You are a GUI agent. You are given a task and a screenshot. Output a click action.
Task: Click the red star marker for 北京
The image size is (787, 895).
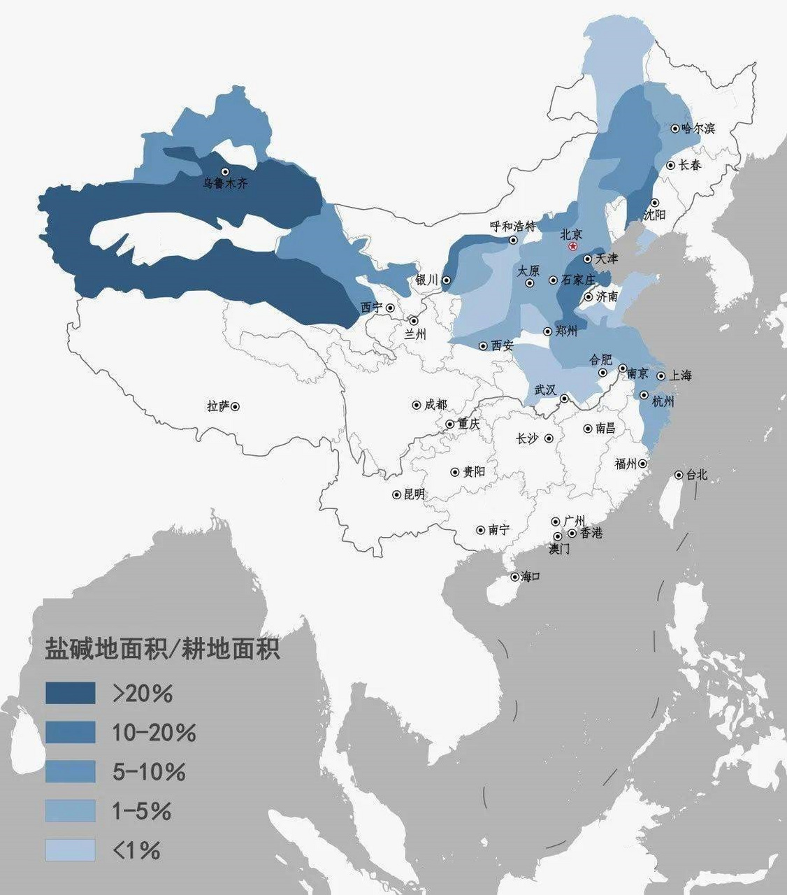(573, 247)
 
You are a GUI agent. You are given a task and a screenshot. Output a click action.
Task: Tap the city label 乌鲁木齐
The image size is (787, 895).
(225, 184)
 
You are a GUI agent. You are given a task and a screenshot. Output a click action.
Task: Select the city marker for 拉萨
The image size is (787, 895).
(236, 406)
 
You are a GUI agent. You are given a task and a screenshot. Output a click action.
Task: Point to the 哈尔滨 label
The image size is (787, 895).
(698, 129)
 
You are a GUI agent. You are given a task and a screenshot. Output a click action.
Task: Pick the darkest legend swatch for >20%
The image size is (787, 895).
(70, 693)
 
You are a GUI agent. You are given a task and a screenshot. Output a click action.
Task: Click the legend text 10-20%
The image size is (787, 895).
(154, 732)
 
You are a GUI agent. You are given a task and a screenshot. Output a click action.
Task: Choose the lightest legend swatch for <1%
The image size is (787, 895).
(70, 850)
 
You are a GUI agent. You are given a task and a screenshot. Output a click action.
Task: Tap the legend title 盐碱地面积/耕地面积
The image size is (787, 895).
(162, 649)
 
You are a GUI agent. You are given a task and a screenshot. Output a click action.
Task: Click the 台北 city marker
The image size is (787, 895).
(679, 475)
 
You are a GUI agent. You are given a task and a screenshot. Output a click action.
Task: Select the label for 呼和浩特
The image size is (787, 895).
(512, 227)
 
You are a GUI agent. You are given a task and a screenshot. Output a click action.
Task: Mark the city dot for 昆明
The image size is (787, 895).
(397, 494)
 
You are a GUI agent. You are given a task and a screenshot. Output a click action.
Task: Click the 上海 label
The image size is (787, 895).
(680, 375)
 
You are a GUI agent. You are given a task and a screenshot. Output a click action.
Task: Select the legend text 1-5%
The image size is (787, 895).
(142, 811)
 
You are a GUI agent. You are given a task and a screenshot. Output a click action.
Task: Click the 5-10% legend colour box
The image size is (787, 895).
(70, 771)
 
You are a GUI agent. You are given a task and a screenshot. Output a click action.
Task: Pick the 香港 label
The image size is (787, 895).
(591, 533)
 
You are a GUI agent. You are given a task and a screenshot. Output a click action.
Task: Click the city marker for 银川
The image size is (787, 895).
(446, 280)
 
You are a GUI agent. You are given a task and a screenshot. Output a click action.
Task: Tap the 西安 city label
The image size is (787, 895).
(502, 345)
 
